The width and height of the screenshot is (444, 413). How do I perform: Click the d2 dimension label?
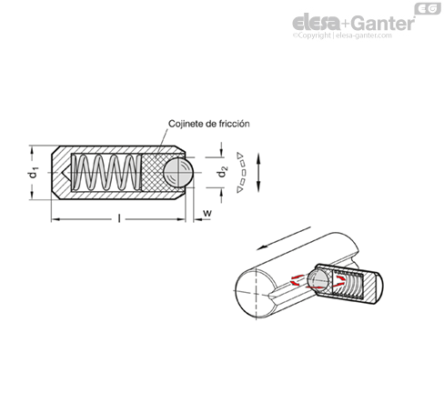tap(222, 173)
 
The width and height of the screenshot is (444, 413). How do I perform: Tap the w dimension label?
tap(207, 213)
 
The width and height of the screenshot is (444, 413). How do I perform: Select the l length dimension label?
tap(119, 217)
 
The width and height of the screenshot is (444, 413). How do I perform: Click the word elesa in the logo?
tap(316, 23)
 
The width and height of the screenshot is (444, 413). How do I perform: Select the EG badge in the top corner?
tap(428, 8)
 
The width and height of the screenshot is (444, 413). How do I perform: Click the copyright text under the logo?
tap(342, 35)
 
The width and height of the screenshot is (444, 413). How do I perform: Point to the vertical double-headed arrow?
tap(258, 172)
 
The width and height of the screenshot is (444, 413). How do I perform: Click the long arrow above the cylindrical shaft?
tap(284, 238)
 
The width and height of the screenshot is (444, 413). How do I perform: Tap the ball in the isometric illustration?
tap(318, 279)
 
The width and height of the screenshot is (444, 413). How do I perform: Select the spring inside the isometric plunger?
tap(348, 284)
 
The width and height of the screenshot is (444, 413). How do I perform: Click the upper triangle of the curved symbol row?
tap(240, 155)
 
